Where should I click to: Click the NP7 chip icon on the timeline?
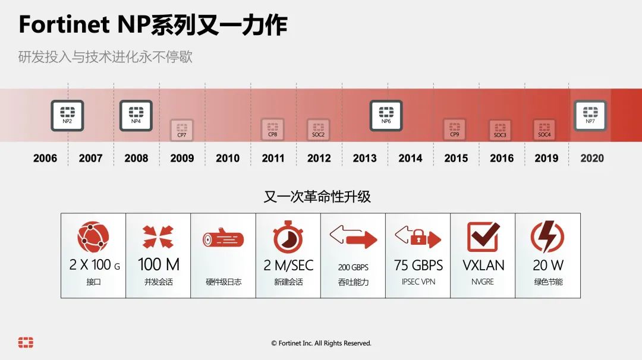click(590, 115)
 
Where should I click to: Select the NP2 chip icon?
click(67, 115)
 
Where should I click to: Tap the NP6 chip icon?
click(386, 115)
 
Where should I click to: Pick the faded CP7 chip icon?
click(182, 130)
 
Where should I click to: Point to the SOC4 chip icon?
click(544, 130)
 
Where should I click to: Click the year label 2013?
click(364, 158)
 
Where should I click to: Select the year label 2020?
click(592, 158)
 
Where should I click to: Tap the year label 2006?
click(45, 158)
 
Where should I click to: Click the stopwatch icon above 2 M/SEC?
click(288, 236)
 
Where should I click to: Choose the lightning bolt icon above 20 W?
click(547, 237)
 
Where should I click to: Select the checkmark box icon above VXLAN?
click(483, 237)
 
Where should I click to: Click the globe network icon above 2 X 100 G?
click(93, 237)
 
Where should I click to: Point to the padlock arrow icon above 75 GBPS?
click(418, 238)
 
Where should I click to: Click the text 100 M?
click(159, 264)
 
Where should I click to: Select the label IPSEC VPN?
click(418, 282)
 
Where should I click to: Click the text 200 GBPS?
click(353, 267)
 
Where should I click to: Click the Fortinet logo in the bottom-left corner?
click(26, 342)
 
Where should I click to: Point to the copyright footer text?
click(321, 343)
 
